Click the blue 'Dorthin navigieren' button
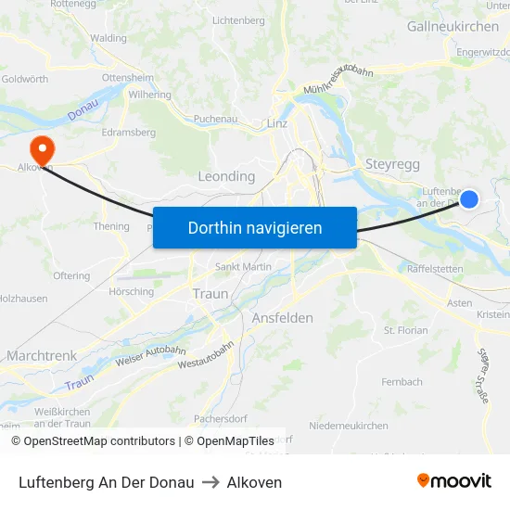click(255, 228)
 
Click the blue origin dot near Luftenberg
click(469, 198)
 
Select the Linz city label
click(277, 123)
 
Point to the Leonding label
click(226, 176)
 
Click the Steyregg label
click(394, 164)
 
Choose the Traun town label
click(210, 293)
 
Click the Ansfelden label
click(282, 318)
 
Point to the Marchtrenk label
click(42, 355)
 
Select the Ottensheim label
click(126, 77)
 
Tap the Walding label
click(108, 38)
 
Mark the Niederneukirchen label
click(349, 426)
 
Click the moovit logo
click(453, 481)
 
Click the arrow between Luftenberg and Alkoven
click(210, 482)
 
